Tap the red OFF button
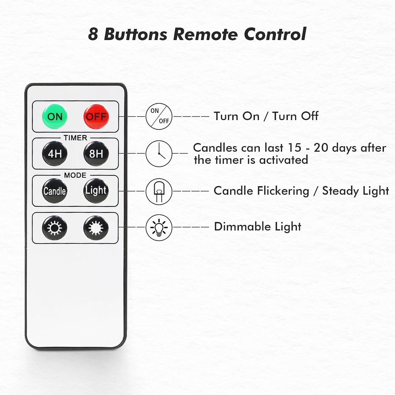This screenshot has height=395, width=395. (96, 116)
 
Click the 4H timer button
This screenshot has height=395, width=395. (55, 154)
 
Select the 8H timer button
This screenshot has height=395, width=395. (96, 154)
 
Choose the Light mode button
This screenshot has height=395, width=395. (96, 191)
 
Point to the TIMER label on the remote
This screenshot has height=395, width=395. (75, 138)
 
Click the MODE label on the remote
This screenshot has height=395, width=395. (75, 175)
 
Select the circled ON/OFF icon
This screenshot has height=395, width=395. (159, 116)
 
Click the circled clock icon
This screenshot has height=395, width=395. (159, 154)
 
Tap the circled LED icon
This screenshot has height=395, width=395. (159, 191)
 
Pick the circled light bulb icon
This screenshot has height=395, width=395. (159, 228)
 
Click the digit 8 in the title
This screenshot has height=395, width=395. (93, 34)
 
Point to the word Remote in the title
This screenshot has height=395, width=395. (205, 34)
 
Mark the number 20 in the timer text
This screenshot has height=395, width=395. (321, 148)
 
